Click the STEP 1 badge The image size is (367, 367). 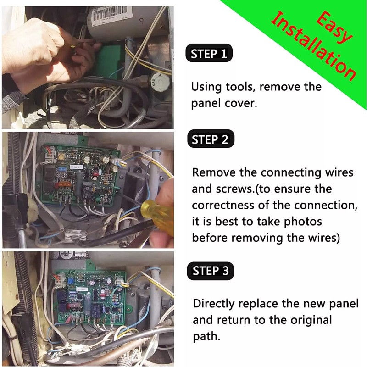coord(209,54)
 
